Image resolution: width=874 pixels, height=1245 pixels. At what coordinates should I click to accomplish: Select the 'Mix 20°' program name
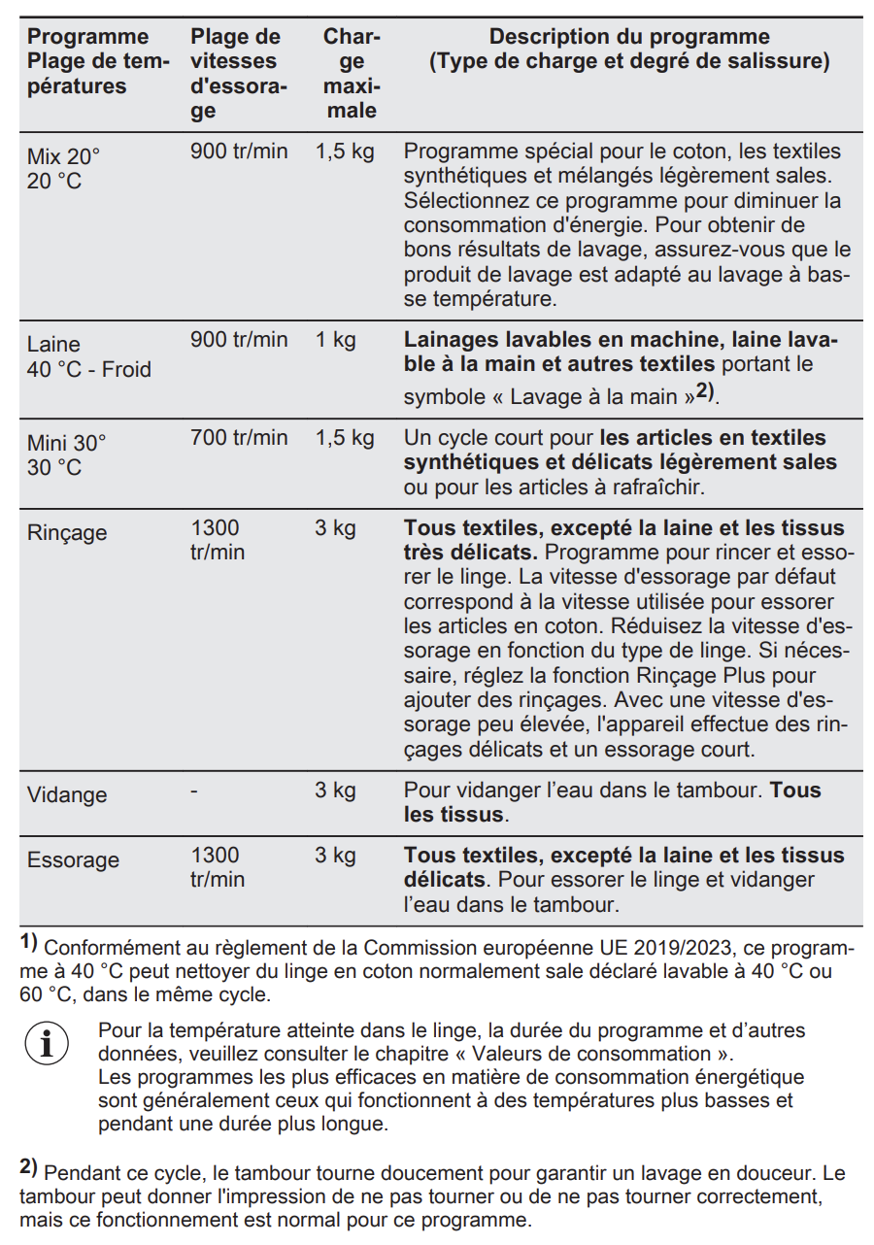[63, 156]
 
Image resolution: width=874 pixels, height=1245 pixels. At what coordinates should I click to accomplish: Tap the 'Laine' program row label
[53, 345]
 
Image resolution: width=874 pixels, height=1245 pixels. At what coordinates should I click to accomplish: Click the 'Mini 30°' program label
[66, 443]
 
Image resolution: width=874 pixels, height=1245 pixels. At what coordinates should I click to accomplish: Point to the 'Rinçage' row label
[67, 533]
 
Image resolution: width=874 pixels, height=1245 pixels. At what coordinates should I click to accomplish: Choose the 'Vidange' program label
[67, 794]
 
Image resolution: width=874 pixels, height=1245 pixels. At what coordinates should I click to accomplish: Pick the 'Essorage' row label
[73, 860]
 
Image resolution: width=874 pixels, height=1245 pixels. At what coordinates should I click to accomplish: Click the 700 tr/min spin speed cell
[239, 438]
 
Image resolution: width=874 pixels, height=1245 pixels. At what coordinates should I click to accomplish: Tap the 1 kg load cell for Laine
[335, 340]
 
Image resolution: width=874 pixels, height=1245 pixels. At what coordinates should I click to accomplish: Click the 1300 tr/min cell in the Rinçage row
[217, 540]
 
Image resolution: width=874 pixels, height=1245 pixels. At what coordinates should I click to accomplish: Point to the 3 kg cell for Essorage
[335, 856]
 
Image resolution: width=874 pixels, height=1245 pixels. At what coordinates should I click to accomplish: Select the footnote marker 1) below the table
[28, 941]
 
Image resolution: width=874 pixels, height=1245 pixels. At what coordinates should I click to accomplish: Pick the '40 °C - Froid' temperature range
[88, 370]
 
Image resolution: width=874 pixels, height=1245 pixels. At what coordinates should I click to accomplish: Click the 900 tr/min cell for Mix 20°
[239, 151]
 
